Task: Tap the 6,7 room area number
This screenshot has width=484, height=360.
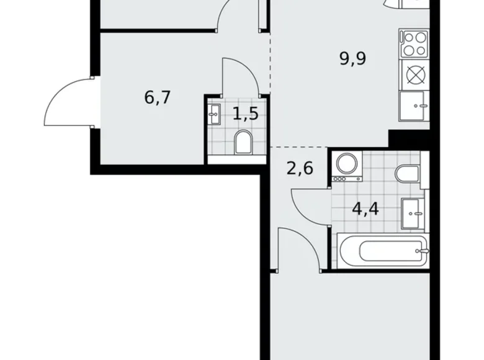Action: [x=157, y=97]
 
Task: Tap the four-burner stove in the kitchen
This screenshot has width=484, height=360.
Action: [x=414, y=43]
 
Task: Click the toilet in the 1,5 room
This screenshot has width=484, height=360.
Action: [x=243, y=143]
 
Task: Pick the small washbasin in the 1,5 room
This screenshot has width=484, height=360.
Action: [x=215, y=114]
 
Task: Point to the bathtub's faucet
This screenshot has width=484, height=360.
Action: [x=424, y=251]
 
